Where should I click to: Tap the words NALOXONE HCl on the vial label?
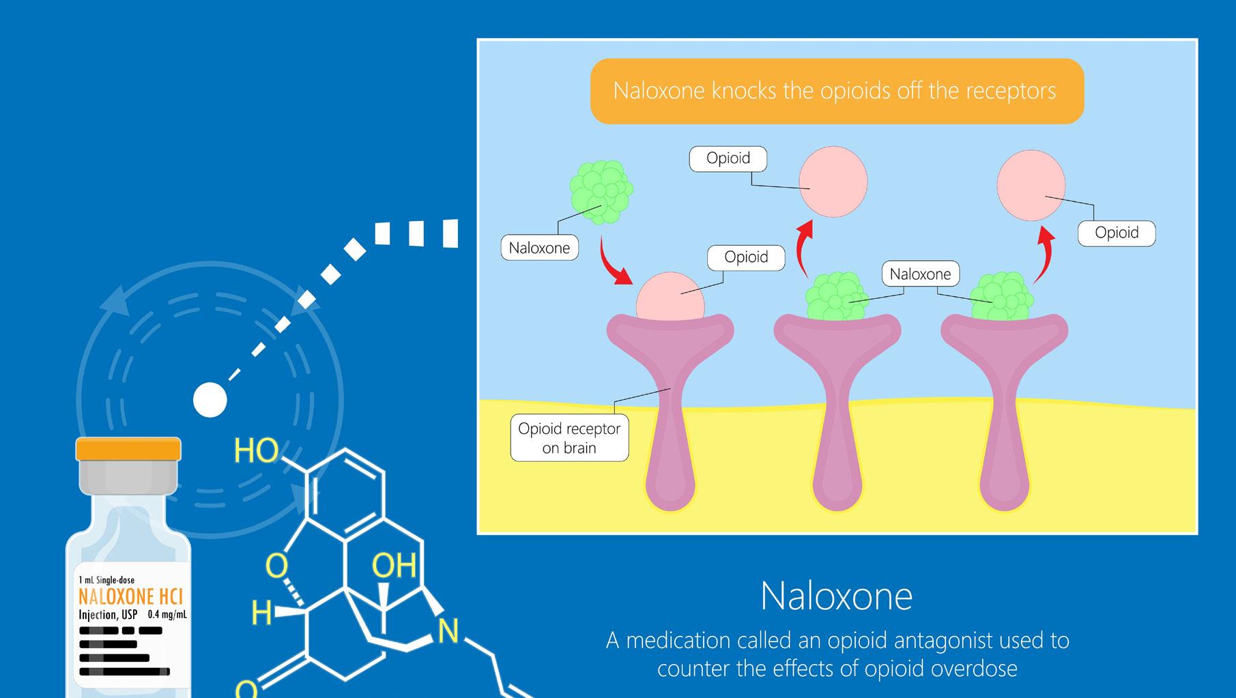click(131, 597)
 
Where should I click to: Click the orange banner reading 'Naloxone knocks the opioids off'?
click(836, 91)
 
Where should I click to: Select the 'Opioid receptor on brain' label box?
click(569, 439)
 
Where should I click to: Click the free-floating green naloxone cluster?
click(601, 192)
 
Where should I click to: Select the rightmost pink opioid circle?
click(1031, 185)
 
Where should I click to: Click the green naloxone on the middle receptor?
click(836, 297)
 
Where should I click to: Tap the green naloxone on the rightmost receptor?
click(1002, 297)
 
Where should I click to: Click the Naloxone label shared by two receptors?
click(920, 274)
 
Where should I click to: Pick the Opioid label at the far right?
click(1116, 233)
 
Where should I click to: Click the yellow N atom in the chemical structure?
click(448, 631)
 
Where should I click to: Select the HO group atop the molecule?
click(256, 451)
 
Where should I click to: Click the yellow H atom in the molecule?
click(261, 613)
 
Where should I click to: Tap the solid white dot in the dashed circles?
click(210, 400)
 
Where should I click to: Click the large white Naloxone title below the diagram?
click(836, 596)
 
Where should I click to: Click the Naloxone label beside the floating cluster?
click(539, 248)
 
